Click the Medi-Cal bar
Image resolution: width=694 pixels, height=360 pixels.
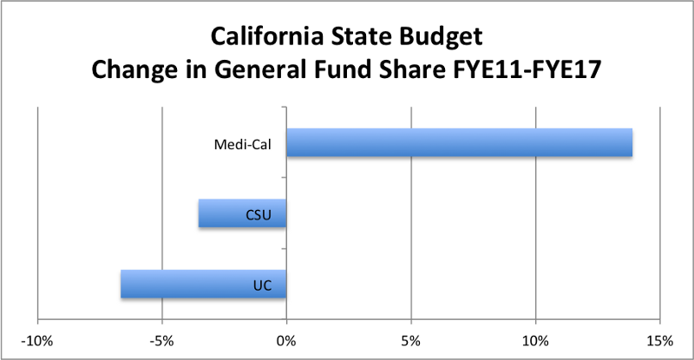459,143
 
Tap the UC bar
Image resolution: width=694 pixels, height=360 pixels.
203,285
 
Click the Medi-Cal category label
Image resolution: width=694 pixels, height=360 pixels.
238,144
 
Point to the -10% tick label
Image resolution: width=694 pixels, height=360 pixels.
37,338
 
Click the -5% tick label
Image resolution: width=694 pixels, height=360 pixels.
162,338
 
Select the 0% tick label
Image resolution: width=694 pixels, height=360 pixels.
286,338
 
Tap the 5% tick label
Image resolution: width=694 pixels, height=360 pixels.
411,338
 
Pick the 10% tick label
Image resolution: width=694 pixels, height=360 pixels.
535,338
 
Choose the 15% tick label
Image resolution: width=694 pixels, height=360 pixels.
660,338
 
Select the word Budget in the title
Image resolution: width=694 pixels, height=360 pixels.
442,39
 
